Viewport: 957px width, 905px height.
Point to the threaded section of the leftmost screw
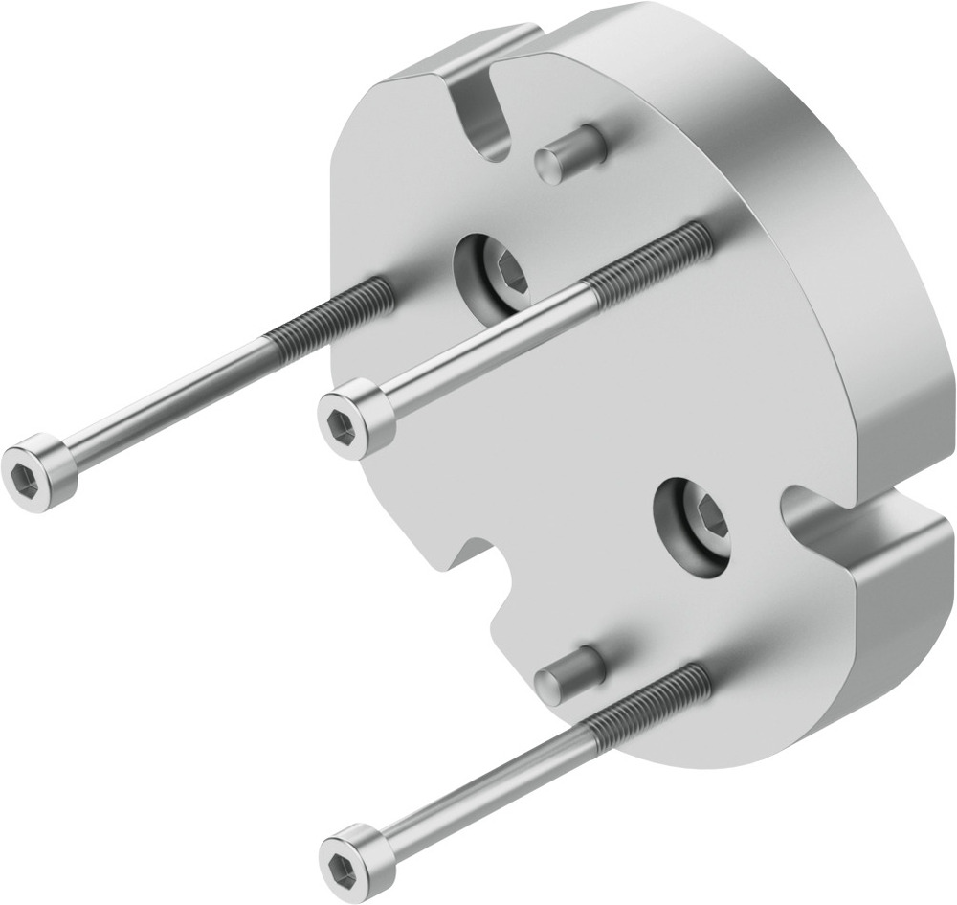pos(331,312)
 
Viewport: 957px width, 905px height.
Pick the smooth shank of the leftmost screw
pos(172,397)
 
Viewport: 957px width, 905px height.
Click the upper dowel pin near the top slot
pos(570,153)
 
